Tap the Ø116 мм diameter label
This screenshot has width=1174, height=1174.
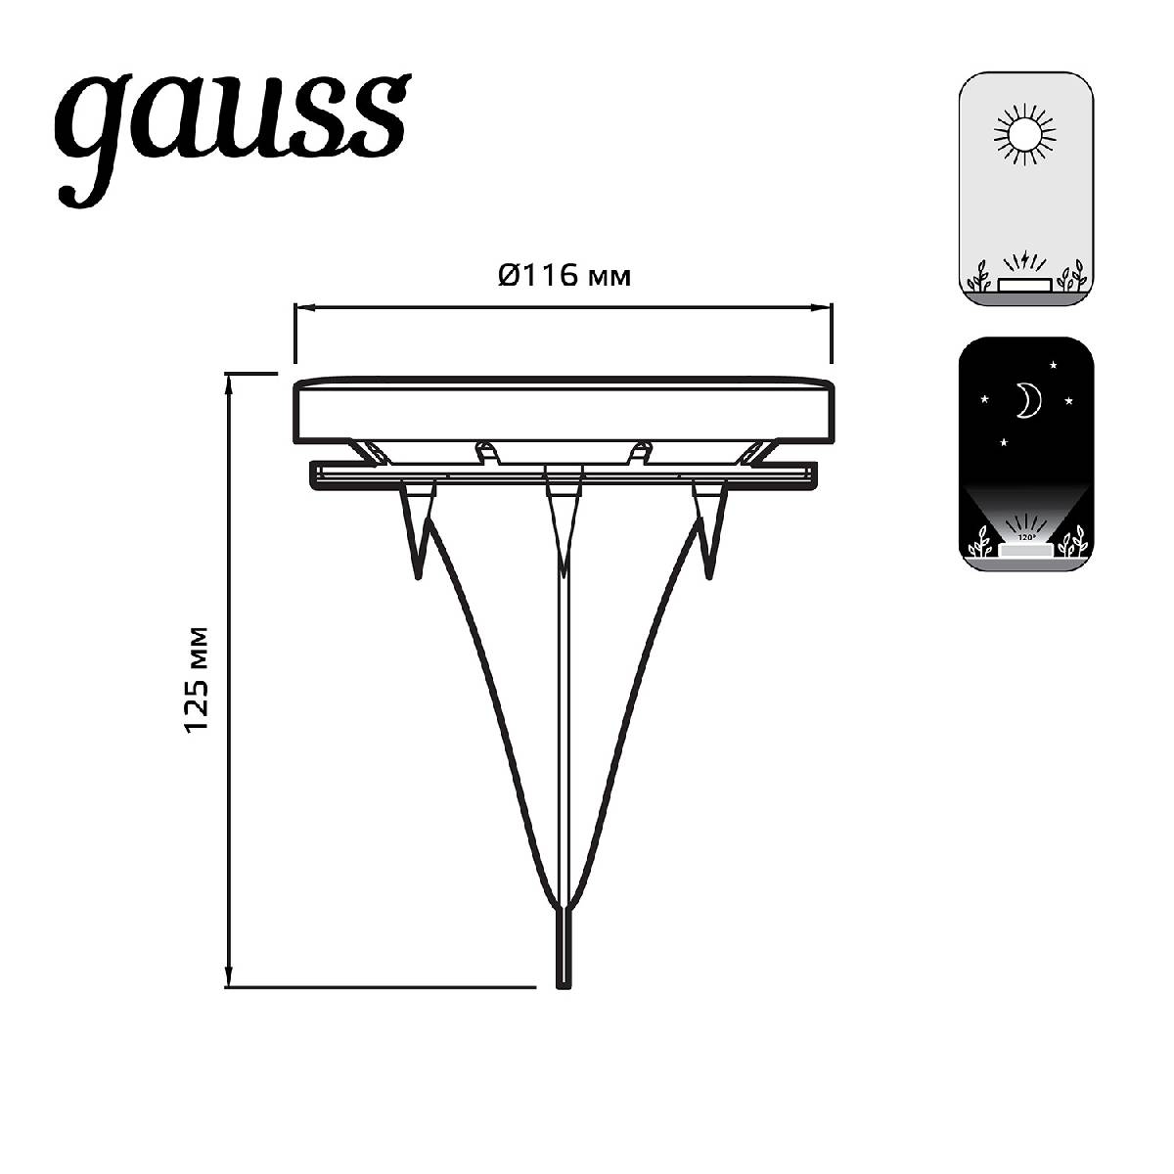click(564, 277)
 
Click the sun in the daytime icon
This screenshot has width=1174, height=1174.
click(1025, 135)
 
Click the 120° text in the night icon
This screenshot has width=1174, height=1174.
click(1025, 538)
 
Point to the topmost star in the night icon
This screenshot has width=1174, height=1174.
click(1054, 365)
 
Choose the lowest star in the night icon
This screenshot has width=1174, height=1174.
click(1004, 442)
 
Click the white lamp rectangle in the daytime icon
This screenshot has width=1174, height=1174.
click(1025, 284)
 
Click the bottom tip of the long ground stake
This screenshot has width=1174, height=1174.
click(563, 983)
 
